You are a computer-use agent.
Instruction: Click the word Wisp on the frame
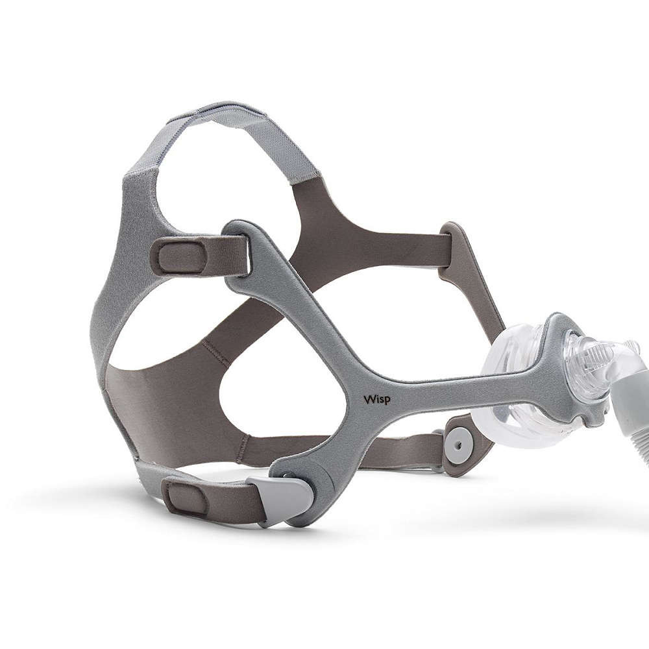click(x=376, y=399)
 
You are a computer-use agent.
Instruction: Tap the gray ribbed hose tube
click(x=629, y=418)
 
